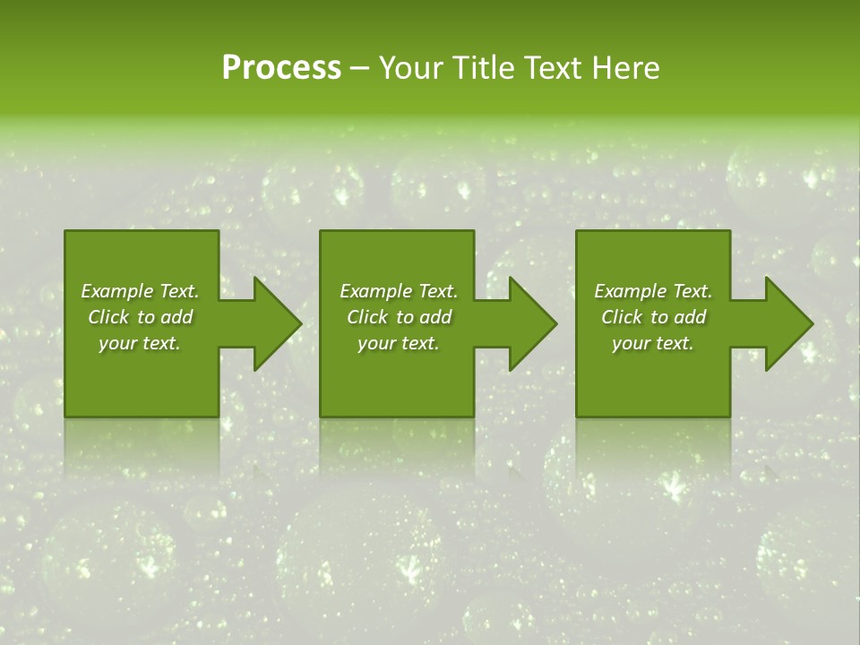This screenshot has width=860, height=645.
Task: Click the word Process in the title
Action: (x=281, y=68)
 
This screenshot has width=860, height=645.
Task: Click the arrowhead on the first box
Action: (x=272, y=323)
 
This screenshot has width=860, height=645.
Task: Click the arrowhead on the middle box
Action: (x=529, y=323)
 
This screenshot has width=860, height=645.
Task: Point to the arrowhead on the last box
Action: (x=785, y=323)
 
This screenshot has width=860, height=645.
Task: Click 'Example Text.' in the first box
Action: (x=140, y=291)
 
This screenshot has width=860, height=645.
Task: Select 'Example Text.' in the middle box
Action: (x=399, y=291)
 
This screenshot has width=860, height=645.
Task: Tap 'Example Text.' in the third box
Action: (x=653, y=291)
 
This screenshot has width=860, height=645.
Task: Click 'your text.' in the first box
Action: (x=140, y=343)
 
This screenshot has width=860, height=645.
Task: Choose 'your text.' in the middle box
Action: (x=399, y=343)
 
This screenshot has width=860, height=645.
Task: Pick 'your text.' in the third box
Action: (x=653, y=343)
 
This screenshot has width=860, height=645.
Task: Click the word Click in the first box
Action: (x=108, y=317)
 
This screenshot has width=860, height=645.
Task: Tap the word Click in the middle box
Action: (x=367, y=317)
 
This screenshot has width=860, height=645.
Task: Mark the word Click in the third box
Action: (x=622, y=317)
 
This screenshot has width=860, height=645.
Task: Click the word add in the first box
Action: (x=177, y=317)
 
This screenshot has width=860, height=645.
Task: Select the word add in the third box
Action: (x=691, y=317)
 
